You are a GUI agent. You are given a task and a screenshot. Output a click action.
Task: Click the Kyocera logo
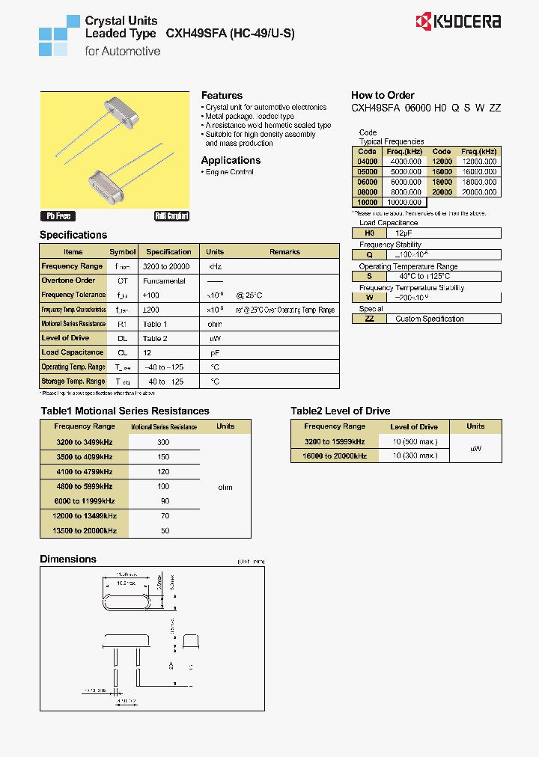click(x=458, y=21)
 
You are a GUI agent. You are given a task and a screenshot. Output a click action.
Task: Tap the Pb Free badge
click(x=58, y=215)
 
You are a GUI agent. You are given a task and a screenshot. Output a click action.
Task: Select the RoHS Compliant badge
click(x=172, y=215)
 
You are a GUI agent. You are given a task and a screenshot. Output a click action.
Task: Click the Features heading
click(x=222, y=96)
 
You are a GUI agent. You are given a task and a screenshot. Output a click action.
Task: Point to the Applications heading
click(x=231, y=160)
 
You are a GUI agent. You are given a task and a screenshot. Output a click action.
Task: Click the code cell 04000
click(x=368, y=162)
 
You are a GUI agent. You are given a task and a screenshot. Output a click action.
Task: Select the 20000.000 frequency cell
click(x=479, y=192)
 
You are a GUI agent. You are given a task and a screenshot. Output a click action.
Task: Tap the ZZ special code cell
click(x=368, y=319)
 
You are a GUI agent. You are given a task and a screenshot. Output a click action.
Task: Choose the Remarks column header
click(x=284, y=252)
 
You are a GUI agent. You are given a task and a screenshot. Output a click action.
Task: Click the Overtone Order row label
click(x=68, y=281)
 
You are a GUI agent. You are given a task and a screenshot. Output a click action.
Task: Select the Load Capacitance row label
click(x=73, y=352)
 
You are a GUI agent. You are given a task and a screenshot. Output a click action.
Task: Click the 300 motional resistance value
click(x=163, y=443)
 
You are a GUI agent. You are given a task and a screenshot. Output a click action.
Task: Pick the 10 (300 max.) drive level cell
click(x=415, y=456)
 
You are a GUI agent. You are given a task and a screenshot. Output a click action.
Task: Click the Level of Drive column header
click(x=414, y=427)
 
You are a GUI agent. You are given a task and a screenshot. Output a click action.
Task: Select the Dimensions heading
click(x=68, y=560)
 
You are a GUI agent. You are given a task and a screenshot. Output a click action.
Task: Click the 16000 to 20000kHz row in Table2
click(x=334, y=456)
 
